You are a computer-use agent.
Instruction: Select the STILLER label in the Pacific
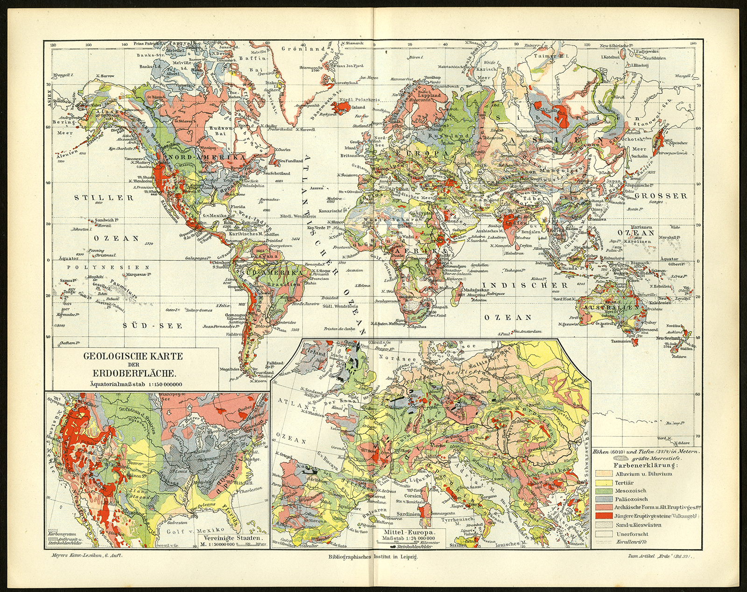tap(104, 197)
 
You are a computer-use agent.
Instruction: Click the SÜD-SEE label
tap(152, 325)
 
